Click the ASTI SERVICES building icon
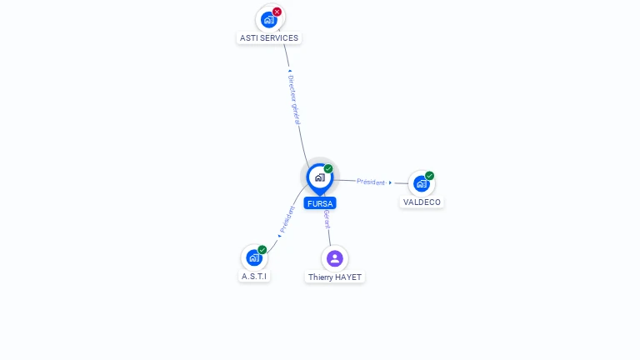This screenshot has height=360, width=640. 269,20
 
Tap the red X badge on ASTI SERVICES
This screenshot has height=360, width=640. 277,12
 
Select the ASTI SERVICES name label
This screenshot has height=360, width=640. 269,38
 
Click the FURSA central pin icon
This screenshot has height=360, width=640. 320,178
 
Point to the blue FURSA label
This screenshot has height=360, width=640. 320,203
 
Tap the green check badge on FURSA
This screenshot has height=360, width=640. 328,168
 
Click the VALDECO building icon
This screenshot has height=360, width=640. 421,183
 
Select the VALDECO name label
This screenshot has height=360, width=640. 422,202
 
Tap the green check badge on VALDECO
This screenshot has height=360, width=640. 429,176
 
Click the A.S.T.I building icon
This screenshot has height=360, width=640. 254,258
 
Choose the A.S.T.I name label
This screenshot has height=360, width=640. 254,277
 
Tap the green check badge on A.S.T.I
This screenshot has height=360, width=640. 262,249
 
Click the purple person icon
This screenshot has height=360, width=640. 335,258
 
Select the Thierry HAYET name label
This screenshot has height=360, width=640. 335,277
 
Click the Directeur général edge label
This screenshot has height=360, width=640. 294,100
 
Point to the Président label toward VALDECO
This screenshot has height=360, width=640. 371,182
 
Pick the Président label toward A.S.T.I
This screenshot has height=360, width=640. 287,219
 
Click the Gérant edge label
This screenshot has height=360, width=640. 327,219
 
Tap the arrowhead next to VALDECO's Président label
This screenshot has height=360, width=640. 391,182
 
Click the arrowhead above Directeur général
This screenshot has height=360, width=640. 290,71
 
